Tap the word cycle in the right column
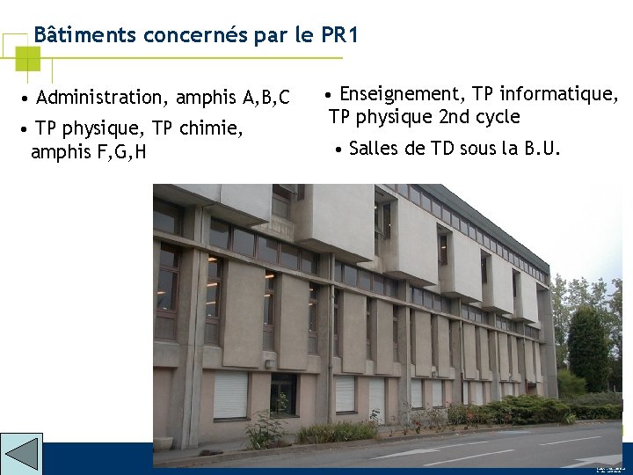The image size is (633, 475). (498, 117)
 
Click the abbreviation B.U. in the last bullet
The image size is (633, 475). (542, 149)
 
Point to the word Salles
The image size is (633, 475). (375, 149)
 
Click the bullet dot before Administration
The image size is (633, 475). (29, 98)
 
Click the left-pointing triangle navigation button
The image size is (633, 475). (21, 454)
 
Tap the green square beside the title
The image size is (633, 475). (28, 58)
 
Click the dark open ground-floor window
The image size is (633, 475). (283, 393)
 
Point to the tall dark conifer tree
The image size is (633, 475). (587, 347)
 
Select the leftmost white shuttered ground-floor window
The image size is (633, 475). (230, 395)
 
